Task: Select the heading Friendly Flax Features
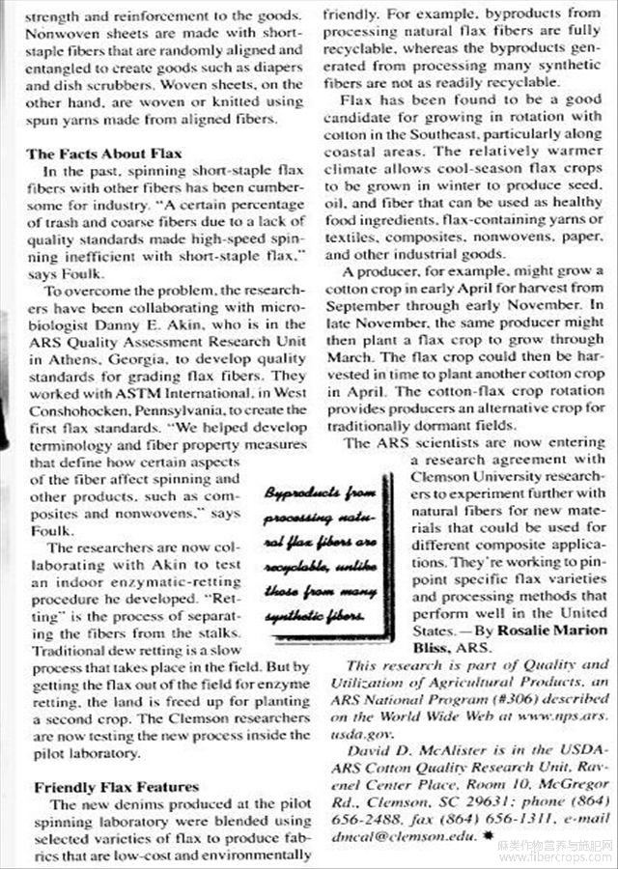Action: coord(116,787)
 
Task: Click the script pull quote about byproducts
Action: coord(318,550)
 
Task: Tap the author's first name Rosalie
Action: coord(501,631)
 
